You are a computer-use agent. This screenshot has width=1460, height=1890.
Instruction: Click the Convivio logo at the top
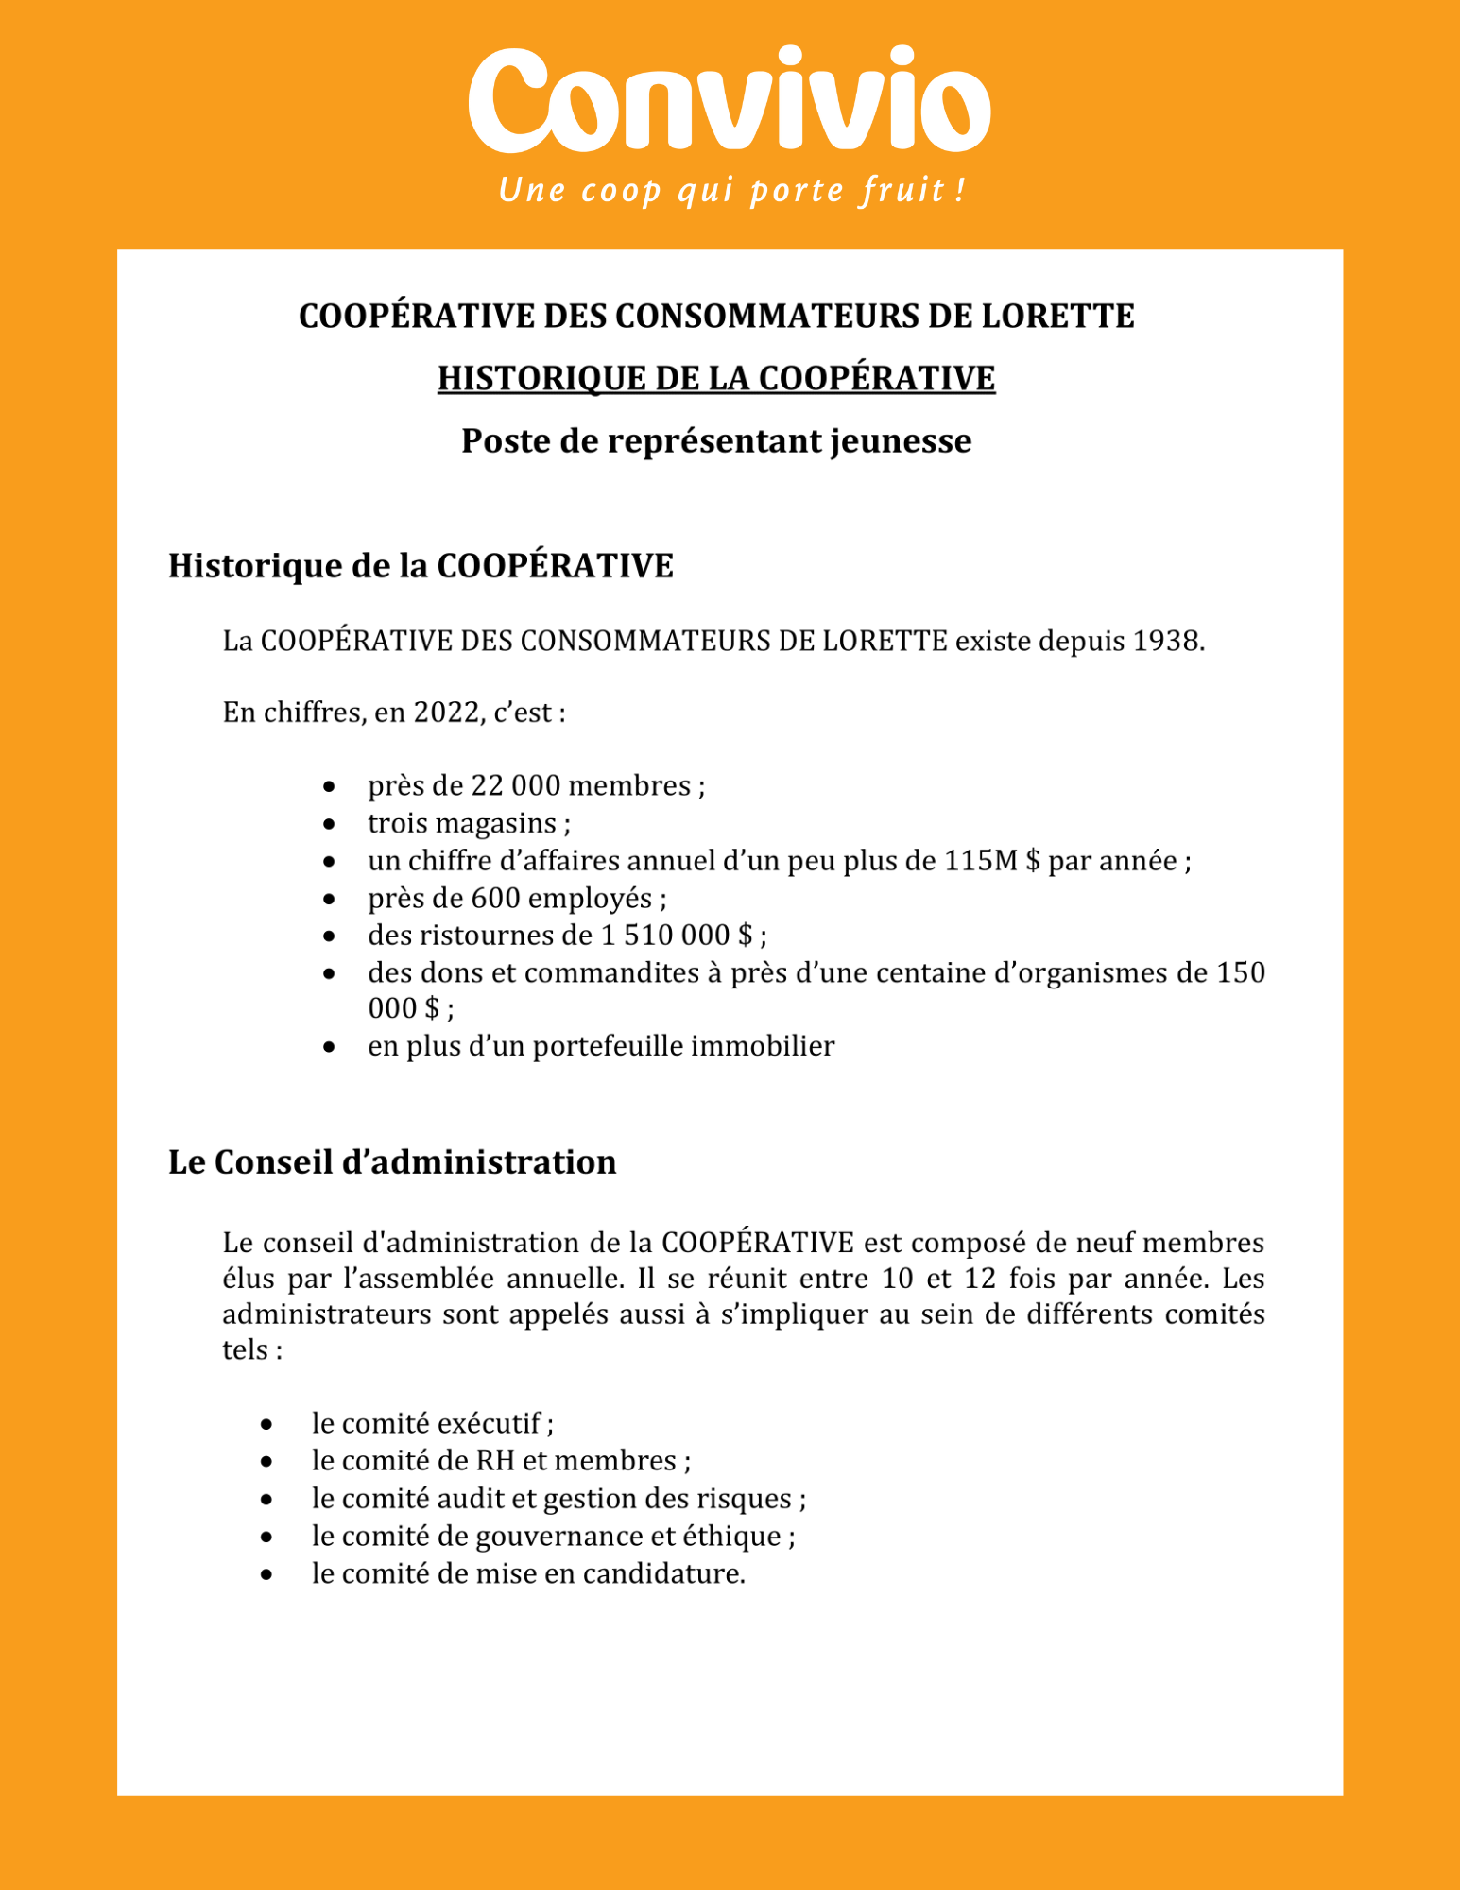point(730,101)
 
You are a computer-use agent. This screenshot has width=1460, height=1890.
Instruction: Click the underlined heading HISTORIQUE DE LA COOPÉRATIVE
point(715,378)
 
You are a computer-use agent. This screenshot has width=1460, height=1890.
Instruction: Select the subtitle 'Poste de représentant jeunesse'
point(715,441)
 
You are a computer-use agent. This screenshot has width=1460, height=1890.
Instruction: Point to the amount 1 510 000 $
point(677,936)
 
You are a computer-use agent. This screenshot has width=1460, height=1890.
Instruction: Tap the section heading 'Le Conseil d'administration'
point(392,1162)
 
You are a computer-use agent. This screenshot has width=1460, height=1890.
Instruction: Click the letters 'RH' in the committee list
point(495,1461)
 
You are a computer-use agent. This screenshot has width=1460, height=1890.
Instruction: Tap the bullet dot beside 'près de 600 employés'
point(329,899)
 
